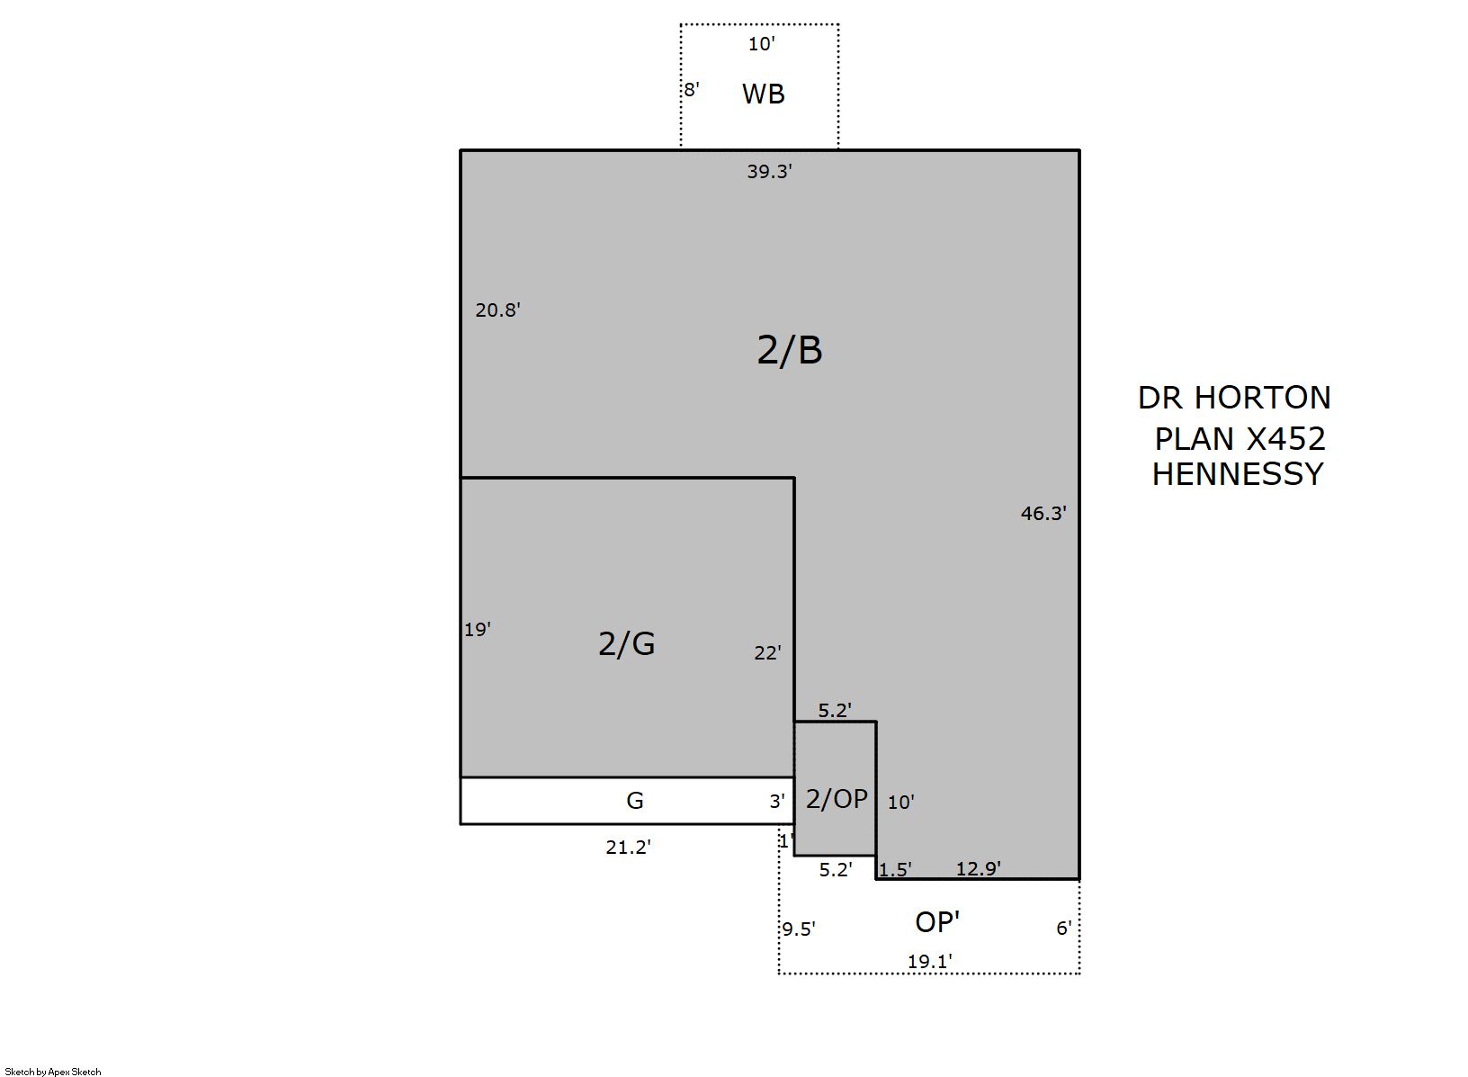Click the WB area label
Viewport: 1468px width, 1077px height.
[x=764, y=94]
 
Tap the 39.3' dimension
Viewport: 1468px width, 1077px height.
[x=769, y=171]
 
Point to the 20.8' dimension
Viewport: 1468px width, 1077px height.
[x=497, y=310]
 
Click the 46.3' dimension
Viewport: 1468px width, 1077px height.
[x=1043, y=513]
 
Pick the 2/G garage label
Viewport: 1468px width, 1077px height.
[x=627, y=643]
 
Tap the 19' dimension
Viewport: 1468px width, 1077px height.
[x=477, y=630]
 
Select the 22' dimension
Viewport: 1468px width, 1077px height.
[x=767, y=653]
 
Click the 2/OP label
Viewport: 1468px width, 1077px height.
[x=837, y=799]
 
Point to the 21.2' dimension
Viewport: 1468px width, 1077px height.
[x=628, y=848]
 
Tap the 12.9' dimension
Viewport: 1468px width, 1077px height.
[x=978, y=868]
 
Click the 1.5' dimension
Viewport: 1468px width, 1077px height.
[x=895, y=869]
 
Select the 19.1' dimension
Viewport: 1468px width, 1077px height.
[x=929, y=962]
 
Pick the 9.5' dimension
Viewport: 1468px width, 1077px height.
[x=798, y=929]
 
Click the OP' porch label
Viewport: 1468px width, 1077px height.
[x=937, y=922]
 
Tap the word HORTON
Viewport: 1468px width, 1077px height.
[x=1263, y=398]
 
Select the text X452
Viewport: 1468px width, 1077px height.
[x=1285, y=438]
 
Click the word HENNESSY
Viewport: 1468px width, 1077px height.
[x=1238, y=474]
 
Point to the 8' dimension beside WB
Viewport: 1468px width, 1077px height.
[x=692, y=90]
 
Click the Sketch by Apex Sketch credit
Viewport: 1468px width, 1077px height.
[x=53, y=1072]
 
